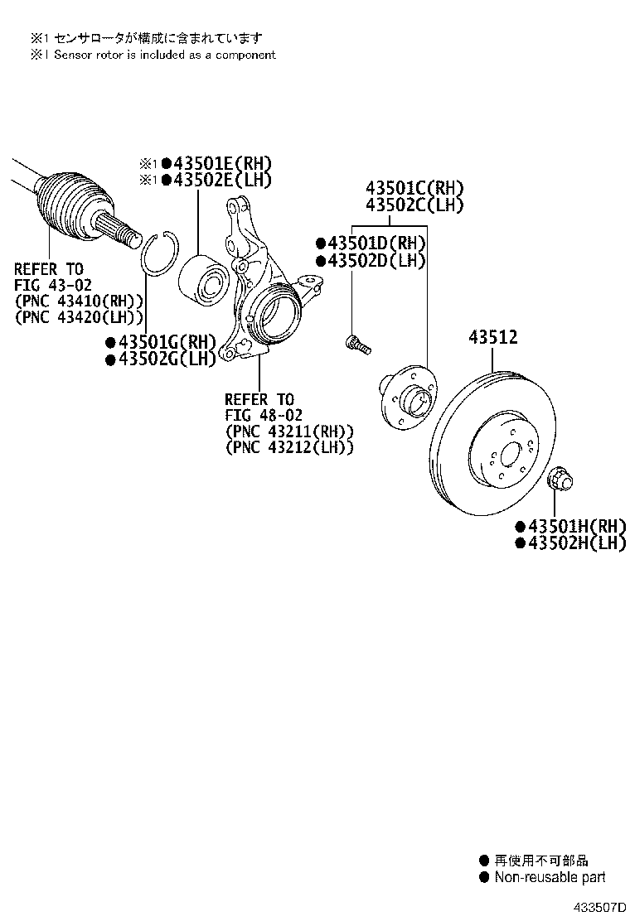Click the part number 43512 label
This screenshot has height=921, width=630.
click(x=493, y=338)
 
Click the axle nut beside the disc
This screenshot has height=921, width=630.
click(x=562, y=478)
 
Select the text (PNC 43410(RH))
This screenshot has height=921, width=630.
click(x=79, y=301)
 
